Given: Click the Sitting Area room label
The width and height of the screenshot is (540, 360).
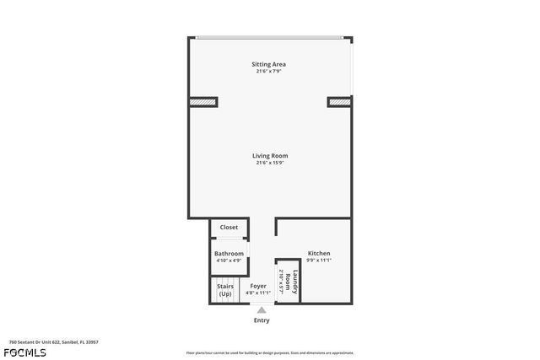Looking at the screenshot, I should (269, 64).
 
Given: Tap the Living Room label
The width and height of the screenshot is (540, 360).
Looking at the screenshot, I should (269, 155).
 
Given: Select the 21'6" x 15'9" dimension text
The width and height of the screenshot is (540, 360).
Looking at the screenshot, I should (269, 163).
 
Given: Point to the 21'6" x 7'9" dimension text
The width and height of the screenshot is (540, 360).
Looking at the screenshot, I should (269, 72).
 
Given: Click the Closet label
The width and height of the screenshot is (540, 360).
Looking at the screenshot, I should (229, 228).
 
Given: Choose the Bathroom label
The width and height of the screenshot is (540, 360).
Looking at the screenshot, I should (229, 254).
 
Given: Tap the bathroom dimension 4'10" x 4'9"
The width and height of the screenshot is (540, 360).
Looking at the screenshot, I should (229, 261).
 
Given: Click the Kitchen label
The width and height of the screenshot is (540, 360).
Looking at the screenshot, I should (319, 254).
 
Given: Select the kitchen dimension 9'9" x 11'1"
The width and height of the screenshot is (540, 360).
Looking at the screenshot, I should (319, 261).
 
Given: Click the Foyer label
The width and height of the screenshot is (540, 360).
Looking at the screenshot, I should (258, 287).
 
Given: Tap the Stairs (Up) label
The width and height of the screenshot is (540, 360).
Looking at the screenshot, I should (225, 290).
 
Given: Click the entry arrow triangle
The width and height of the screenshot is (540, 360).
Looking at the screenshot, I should (262, 309).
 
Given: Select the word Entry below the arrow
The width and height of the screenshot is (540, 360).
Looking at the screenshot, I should (262, 320).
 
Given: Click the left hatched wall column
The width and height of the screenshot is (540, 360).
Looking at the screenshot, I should (202, 102).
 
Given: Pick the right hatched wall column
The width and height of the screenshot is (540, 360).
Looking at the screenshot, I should (339, 102).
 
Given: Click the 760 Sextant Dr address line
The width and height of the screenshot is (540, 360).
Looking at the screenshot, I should (54, 341).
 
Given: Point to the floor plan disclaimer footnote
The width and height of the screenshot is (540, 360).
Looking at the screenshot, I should (269, 352).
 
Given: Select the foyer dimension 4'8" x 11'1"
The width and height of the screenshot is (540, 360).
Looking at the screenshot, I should (258, 293).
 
